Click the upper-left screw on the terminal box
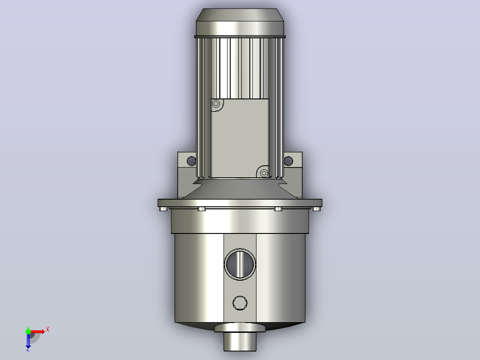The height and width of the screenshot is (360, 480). click(216, 103)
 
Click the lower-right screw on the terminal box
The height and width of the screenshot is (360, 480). click(264, 173)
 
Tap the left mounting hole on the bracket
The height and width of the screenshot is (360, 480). click(191, 161)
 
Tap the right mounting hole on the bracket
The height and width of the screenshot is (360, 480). click(289, 161)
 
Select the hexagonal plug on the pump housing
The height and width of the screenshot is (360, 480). click(240, 303)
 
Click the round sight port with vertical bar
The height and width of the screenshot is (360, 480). click(240, 264)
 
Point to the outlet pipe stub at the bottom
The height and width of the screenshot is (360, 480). click(240, 342)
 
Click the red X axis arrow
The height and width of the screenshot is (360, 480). click(37, 331)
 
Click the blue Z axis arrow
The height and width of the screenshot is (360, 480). click(28, 341)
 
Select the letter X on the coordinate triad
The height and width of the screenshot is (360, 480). click(48, 330)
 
